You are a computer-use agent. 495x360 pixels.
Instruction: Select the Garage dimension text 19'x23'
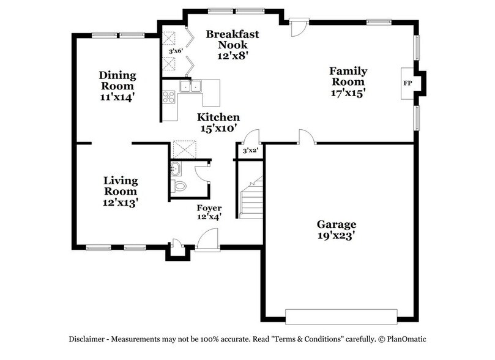click(336, 234)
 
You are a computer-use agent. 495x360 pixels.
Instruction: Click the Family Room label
click(347, 76)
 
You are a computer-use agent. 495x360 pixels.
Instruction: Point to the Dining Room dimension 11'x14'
click(118, 96)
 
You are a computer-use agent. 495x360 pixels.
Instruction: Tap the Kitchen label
click(218, 117)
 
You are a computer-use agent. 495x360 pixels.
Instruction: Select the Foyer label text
click(209, 208)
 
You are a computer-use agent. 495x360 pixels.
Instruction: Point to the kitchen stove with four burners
click(168, 96)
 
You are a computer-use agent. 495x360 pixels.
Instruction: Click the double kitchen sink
click(190, 86)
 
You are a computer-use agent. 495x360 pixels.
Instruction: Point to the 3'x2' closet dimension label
click(250, 150)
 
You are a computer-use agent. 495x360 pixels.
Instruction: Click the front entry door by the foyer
click(207, 240)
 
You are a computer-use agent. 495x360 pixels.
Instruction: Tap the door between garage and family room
click(307, 137)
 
